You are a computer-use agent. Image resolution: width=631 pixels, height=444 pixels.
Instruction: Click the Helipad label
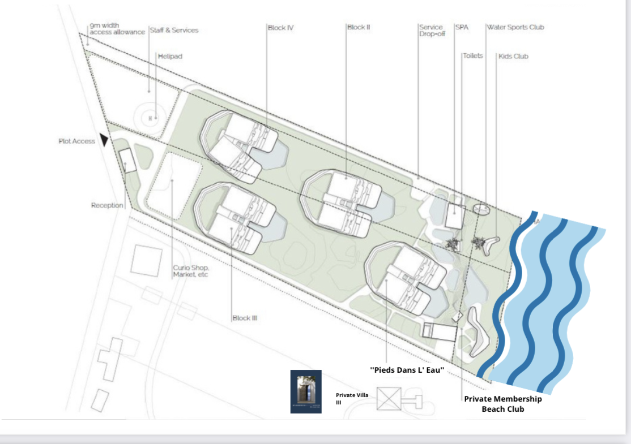170,57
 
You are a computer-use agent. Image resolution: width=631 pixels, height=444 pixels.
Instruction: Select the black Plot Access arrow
104,140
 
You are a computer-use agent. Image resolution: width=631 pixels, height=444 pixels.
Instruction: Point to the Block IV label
280,27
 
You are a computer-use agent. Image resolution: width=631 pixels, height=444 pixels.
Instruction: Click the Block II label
359,27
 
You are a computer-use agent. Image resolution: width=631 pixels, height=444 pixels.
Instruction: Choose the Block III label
245,318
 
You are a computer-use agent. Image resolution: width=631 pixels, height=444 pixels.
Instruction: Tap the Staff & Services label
174,30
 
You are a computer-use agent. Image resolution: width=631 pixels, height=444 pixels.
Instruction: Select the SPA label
462,27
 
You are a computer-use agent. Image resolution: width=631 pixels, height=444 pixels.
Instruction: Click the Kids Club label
513,57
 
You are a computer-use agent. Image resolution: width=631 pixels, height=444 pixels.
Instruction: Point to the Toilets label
472,55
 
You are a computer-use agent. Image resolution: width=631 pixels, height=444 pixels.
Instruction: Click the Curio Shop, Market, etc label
190,271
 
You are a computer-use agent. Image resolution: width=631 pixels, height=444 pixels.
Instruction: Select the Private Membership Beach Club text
502,404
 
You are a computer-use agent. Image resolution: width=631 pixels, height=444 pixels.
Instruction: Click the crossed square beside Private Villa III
389,398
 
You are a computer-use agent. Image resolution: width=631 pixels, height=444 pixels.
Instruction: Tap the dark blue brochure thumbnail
306,391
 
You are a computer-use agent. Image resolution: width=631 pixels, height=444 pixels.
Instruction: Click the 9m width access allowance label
117,29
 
